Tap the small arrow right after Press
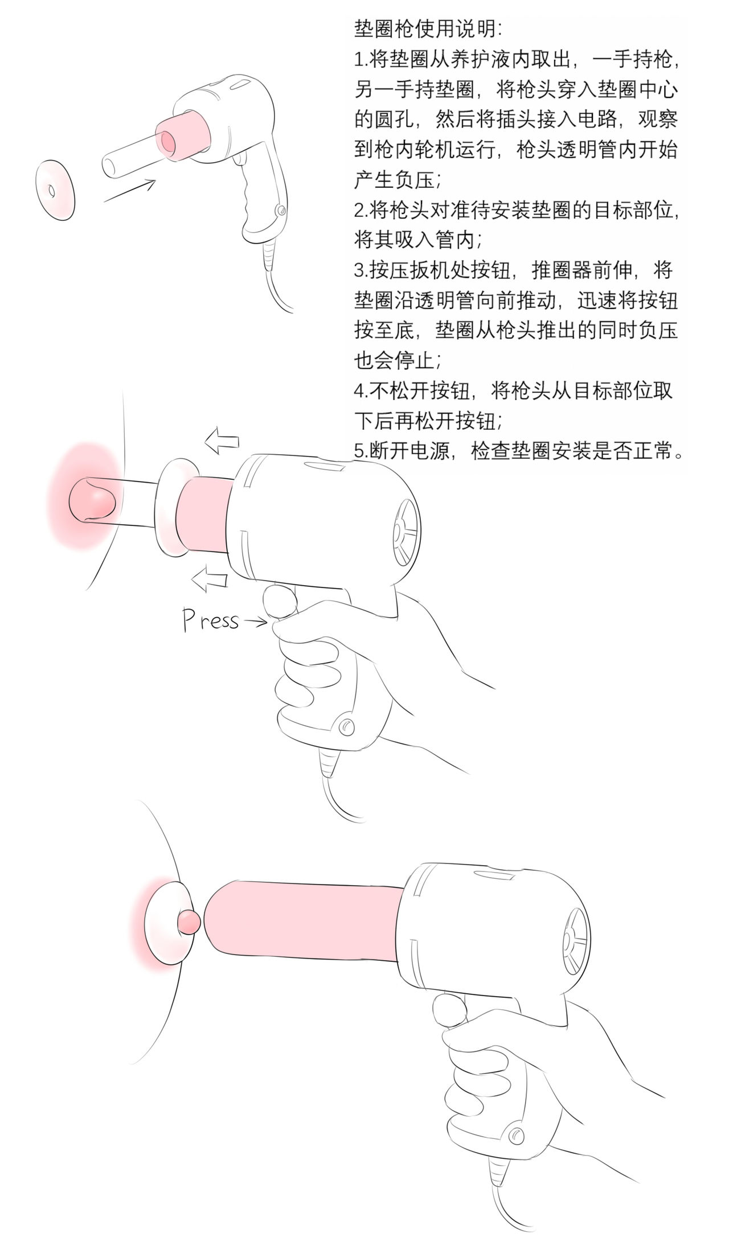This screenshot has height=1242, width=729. coord(255,622)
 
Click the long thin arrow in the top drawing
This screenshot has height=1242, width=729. coord(130,191)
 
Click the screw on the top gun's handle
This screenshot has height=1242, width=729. coord(280,211)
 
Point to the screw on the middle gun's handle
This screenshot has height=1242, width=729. coord(345,726)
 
